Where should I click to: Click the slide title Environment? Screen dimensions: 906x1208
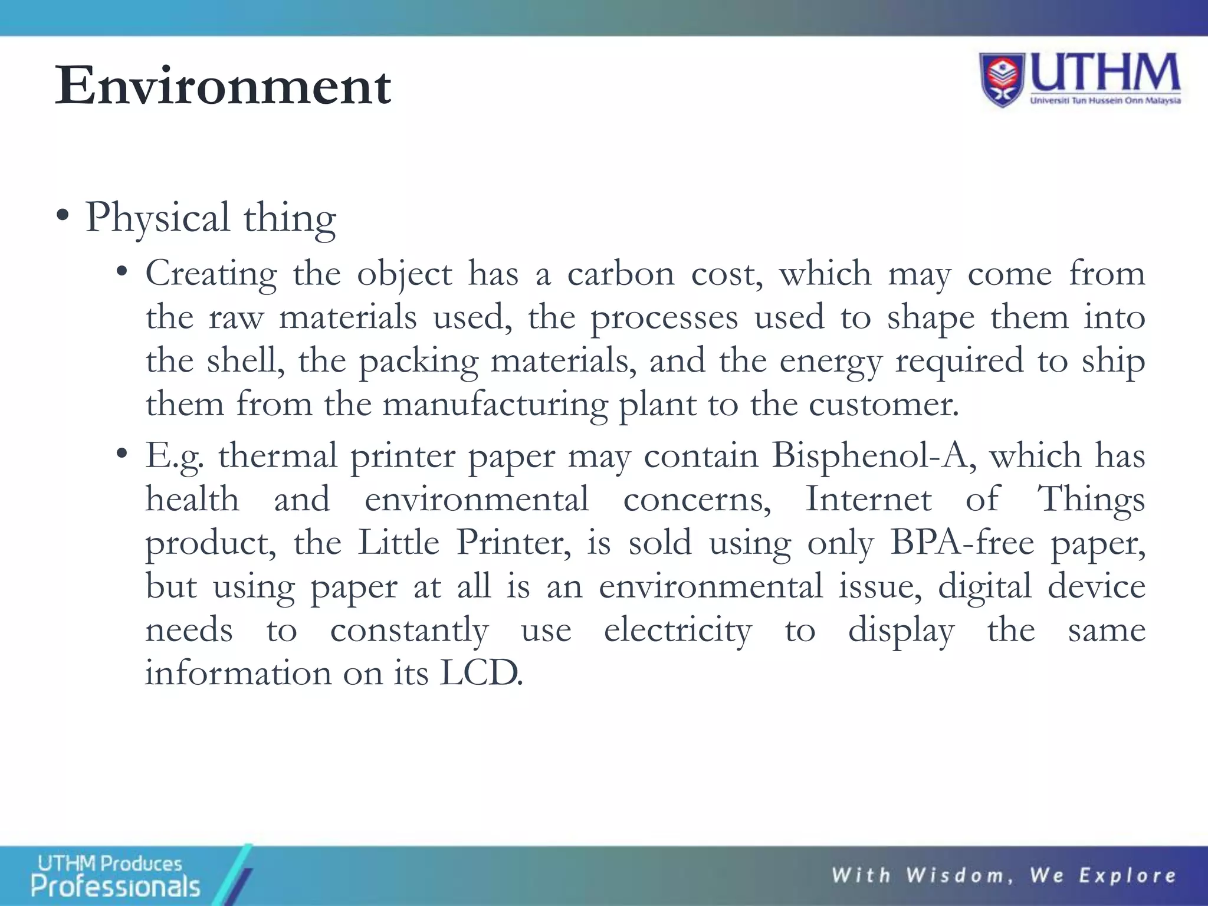click(223, 86)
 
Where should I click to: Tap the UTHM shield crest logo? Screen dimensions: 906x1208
click(1003, 80)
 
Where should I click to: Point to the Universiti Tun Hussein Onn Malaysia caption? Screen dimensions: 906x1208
click(1105, 101)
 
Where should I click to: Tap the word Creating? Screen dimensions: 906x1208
click(211, 274)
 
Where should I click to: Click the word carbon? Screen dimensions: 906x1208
click(621, 274)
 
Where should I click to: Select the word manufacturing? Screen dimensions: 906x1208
click(495, 405)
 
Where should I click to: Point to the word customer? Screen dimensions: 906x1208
click(883, 405)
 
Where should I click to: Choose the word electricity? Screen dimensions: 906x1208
click(678, 630)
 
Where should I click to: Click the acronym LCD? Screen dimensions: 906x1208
click(481, 673)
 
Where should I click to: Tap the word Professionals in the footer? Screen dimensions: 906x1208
click(116, 887)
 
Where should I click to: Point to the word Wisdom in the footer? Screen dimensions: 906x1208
click(956, 876)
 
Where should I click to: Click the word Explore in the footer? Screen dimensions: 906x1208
click(1127, 876)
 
